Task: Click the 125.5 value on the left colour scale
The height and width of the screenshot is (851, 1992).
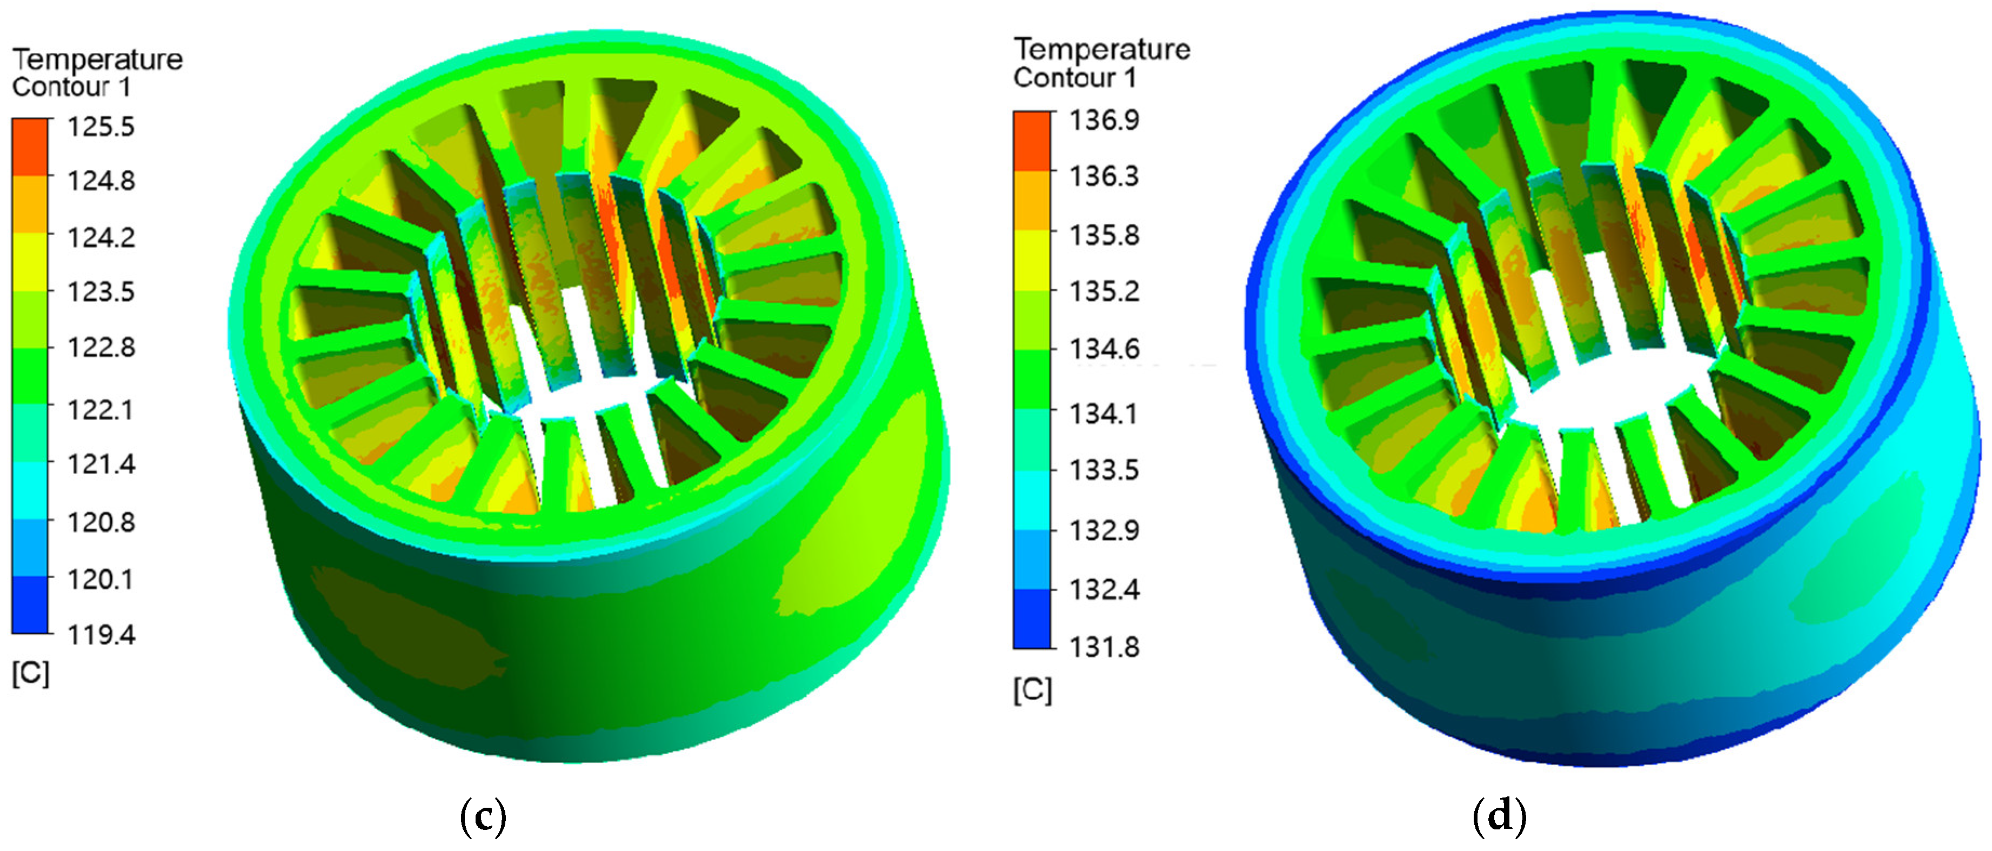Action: (101, 126)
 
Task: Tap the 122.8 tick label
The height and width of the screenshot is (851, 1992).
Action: (101, 347)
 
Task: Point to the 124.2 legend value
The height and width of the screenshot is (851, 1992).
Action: (101, 237)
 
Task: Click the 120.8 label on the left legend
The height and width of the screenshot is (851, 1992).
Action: (101, 522)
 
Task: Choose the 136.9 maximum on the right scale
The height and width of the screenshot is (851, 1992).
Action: (1104, 120)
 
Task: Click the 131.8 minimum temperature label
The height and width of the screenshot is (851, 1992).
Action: (1104, 646)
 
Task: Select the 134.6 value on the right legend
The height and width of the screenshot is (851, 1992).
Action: (1104, 348)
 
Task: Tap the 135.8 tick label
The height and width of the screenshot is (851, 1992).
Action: (1104, 235)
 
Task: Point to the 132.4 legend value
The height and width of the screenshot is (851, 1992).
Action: (1104, 589)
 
